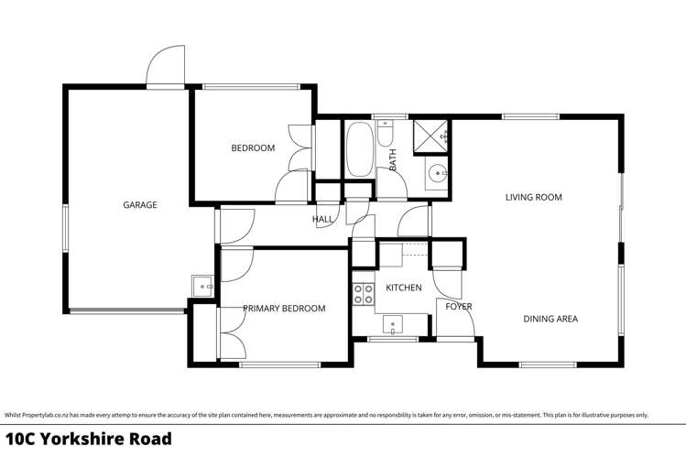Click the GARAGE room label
140,205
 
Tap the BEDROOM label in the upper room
252,148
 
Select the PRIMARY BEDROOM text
284,309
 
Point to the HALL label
322,220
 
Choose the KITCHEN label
403,288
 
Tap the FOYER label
458,306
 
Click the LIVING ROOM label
533,197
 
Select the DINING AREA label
550,319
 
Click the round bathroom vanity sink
438,171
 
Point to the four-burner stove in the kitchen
363,294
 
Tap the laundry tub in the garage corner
201,286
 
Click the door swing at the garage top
167,66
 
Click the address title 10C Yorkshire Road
88,439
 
